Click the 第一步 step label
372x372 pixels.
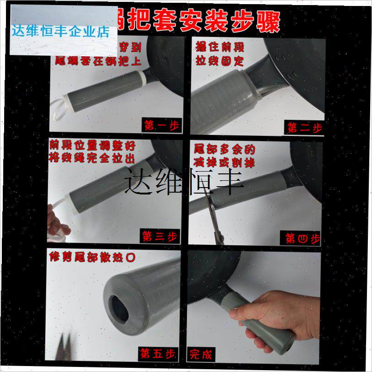click(x=161, y=125)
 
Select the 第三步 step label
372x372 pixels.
click(x=159, y=236)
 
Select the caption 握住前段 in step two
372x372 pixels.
click(x=220, y=47)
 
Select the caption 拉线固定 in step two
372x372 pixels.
click(x=220, y=61)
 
